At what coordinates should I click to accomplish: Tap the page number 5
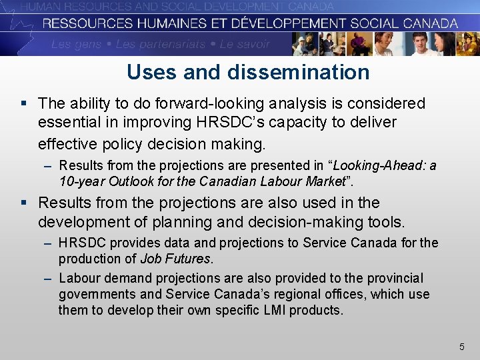click(461, 347)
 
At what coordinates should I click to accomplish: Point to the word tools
click(385, 221)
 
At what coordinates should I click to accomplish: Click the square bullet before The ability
click(25, 103)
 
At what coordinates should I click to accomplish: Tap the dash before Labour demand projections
click(48, 278)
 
